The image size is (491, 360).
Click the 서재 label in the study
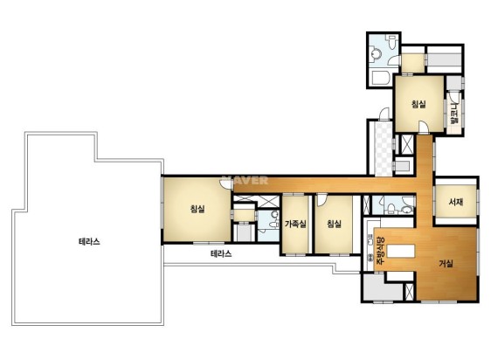click(455, 202)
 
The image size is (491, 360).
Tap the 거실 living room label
click(446, 264)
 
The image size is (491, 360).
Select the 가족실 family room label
click(295, 224)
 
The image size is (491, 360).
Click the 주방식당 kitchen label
click(379, 251)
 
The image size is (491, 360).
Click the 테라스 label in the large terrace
click(89, 241)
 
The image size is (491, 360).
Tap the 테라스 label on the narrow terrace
click(221, 253)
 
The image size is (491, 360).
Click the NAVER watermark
click(245, 181)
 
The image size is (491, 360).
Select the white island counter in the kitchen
click(401, 251)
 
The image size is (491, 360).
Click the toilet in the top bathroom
click(391, 42)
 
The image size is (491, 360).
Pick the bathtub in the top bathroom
click(379, 77)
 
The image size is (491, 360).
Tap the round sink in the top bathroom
click(376, 54)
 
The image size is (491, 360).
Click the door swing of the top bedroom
click(424, 128)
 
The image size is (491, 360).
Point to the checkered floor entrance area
click(384, 149)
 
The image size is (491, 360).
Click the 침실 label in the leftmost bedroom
click(197, 209)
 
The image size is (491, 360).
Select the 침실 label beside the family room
click(334, 224)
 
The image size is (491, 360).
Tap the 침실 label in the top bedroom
click(418, 104)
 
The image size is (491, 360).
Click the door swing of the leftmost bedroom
click(226, 184)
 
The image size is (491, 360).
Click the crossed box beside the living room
click(409, 292)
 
